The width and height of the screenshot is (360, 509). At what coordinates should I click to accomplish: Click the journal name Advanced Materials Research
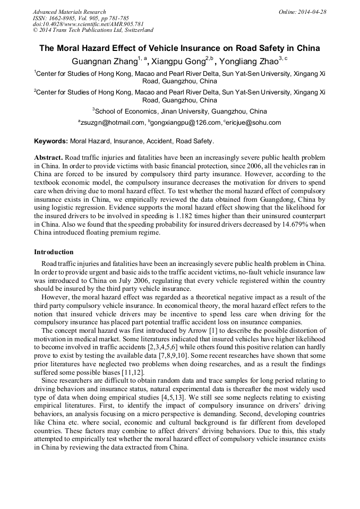coord(70,12)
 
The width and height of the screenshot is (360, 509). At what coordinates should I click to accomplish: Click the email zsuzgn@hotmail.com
coord(113,123)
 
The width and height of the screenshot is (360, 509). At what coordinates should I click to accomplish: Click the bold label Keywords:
coord(51,142)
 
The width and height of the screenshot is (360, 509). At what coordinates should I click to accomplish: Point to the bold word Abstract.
coord(49,158)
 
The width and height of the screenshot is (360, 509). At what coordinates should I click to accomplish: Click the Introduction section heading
coord(54,252)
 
